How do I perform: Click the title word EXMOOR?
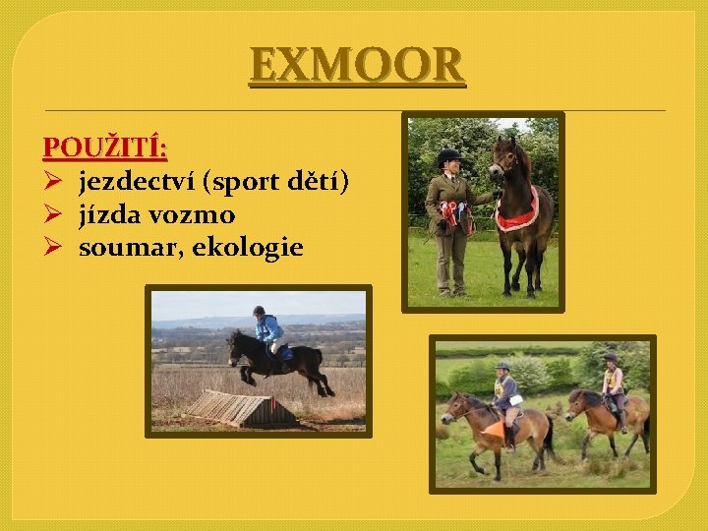click(356, 66)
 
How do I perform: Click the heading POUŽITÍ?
click(105, 148)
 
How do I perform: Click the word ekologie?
click(248, 248)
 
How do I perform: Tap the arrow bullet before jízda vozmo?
click(54, 214)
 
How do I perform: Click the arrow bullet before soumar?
click(54, 248)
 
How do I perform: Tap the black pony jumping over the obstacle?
click(280, 361)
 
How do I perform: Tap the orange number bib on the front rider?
click(495, 431)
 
